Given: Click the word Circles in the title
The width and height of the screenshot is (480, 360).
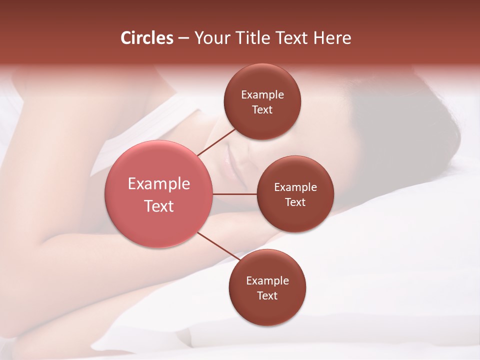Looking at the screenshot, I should point(146,38).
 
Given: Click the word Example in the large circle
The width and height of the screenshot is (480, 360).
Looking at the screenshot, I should point(158,184).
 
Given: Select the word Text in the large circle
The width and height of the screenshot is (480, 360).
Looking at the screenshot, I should point(158,206).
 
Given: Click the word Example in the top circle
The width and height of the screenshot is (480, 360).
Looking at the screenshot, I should point(262,94).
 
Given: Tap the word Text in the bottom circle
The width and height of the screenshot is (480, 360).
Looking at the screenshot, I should point(267,295).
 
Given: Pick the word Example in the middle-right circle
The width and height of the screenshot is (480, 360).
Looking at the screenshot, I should point(295,187).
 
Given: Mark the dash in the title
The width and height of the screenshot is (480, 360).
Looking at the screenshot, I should point(183,38).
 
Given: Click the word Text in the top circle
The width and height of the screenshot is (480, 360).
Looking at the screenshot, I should point(262,109).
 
